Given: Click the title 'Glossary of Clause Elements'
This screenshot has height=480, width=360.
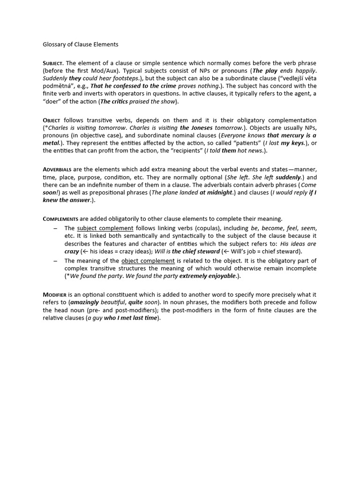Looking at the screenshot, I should (x=81, y=45).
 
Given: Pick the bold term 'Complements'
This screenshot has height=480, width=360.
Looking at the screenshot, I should (x=60, y=219).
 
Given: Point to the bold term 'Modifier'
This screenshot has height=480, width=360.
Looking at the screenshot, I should (x=55, y=294).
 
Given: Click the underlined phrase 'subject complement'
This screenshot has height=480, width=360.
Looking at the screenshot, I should (x=105, y=228).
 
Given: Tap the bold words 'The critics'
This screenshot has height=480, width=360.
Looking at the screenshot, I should (x=115, y=101).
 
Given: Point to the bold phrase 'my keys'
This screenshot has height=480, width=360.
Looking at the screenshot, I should (x=293, y=143).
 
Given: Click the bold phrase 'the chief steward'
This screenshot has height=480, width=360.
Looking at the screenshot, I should (x=195, y=251).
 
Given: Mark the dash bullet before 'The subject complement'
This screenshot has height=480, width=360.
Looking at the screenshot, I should (x=55, y=228).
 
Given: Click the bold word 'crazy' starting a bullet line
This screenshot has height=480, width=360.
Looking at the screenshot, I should (x=72, y=251).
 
